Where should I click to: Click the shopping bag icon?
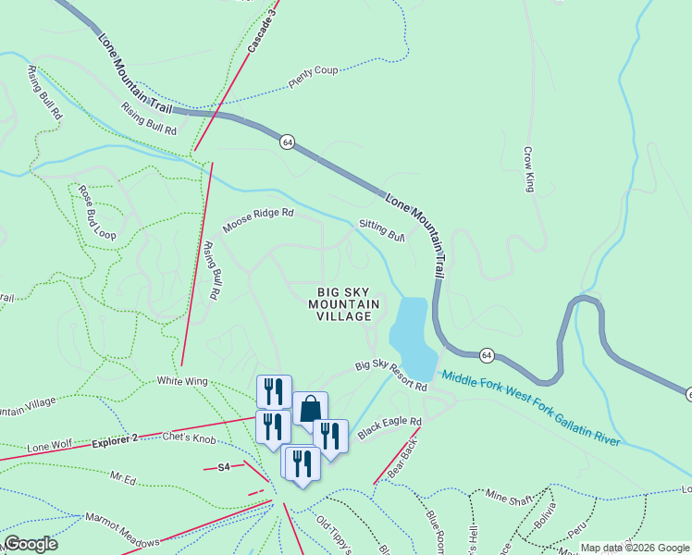click(310, 408)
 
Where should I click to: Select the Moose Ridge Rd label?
click(257, 219)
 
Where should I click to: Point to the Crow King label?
click(530, 169)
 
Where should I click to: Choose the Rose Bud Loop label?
click(96, 214)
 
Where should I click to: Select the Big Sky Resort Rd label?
click(391, 376)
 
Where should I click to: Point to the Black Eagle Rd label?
click(389, 428)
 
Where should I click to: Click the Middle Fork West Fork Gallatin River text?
click(530, 408)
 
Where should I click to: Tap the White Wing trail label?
click(182, 380)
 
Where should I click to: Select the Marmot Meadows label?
click(122, 530)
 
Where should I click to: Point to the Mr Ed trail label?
click(123, 479)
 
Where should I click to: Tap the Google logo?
click(30, 544)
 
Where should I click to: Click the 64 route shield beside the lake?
click(487, 355)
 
